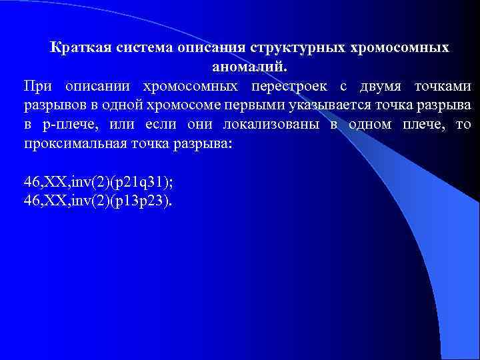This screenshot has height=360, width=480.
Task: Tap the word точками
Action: [443, 86]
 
